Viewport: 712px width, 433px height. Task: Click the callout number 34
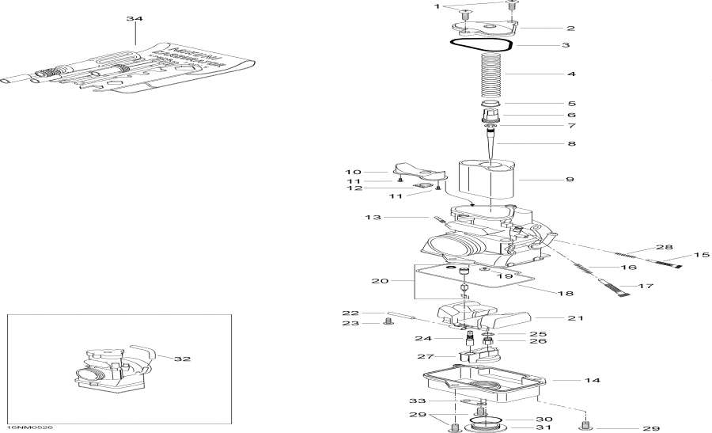click(135, 17)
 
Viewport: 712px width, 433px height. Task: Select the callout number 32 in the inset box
click(183, 359)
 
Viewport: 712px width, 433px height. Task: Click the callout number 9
click(570, 180)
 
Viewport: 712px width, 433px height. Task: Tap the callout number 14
click(592, 381)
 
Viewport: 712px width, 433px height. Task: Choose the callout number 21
click(574, 318)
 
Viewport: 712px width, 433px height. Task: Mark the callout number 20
click(381, 281)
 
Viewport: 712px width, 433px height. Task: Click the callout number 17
click(647, 286)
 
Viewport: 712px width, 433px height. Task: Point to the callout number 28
click(664, 247)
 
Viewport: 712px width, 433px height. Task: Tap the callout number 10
click(352, 171)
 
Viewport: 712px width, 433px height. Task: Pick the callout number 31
click(543, 428)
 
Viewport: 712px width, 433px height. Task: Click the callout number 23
click(350, 323)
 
